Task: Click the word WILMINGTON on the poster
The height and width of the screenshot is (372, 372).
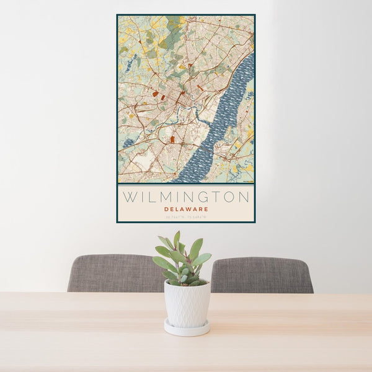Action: [x=186, y=197]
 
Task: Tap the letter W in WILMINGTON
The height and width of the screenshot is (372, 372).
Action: [x=129, y=197]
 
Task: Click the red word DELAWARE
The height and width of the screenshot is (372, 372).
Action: [x=186, y=209]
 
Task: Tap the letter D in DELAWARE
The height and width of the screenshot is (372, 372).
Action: [x=167, y=209]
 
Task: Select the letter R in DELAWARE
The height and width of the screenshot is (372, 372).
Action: [x=200, y=209]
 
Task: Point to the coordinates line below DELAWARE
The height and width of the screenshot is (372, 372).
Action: [x=186, y=216]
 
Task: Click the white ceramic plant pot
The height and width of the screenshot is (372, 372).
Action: [x=187, y=304]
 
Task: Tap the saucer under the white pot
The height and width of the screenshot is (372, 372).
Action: [x=187, y=329]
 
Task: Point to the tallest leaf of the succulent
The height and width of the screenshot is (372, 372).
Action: [x=177, y=238]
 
